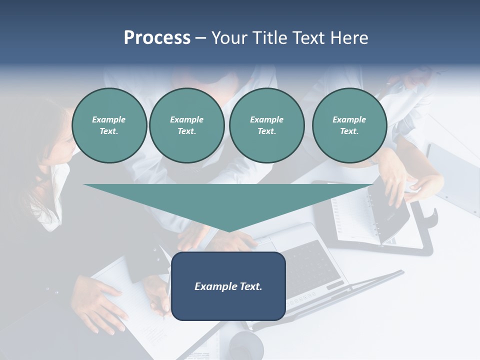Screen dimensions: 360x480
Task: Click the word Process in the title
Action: [157, 38]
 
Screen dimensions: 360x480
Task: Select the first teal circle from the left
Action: [109, 125]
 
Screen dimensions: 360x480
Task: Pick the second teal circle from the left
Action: [186, 125]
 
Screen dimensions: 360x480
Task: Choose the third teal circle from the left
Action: [266, 125]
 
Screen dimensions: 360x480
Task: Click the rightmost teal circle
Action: [349, 125]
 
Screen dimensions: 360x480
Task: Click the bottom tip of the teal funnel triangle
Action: [229, 230]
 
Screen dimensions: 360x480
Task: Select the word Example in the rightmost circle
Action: [349, 119]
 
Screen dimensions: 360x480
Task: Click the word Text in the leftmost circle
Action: [108, 131]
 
